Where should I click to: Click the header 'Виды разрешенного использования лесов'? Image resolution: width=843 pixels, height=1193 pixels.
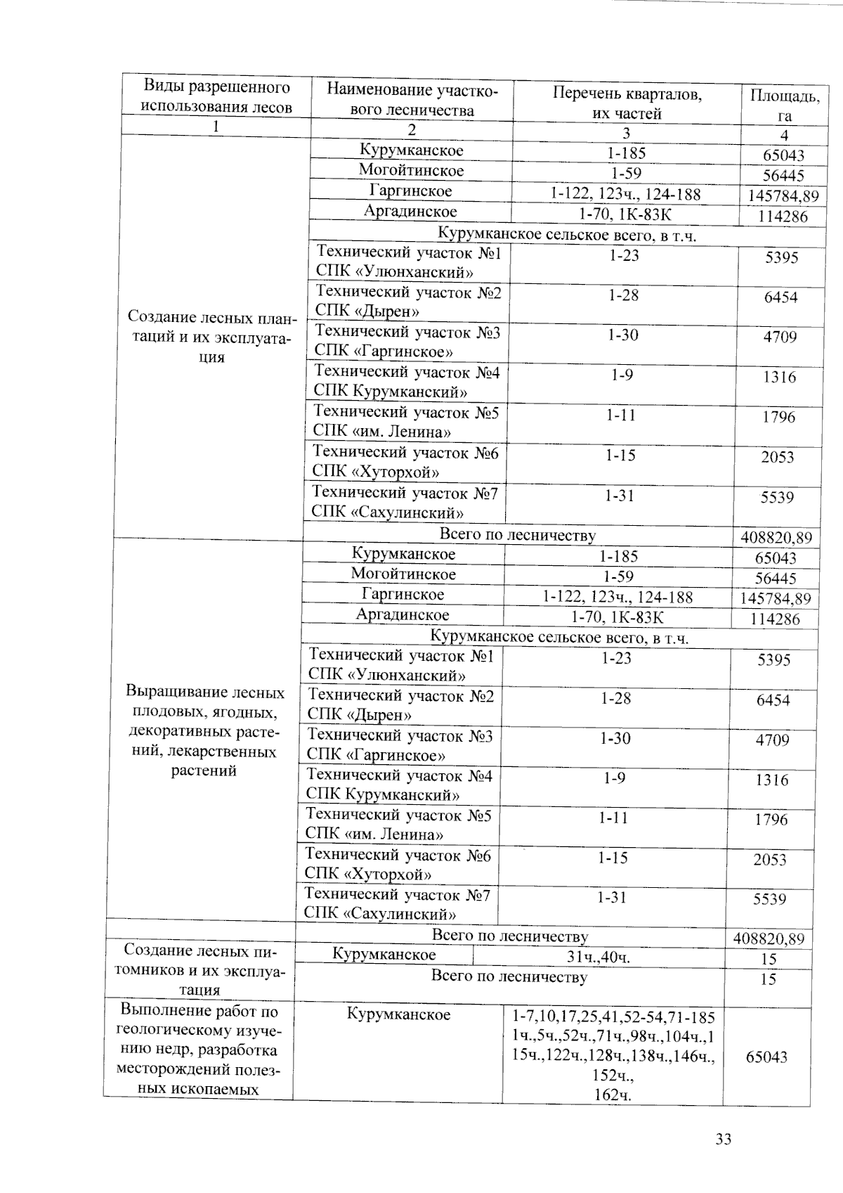coord(216,97)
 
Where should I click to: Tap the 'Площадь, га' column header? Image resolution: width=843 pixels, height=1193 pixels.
coord(784,105)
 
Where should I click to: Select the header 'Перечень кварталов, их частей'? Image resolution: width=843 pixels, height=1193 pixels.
coord(627,103)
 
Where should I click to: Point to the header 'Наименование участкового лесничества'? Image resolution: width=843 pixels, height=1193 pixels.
coord(412,99)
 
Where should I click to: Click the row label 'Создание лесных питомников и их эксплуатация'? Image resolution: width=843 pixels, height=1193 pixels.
coord(200,970)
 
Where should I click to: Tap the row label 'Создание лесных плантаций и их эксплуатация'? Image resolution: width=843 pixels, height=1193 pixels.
coord(210,338)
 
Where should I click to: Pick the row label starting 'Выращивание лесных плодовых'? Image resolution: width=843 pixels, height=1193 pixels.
coord(204,731)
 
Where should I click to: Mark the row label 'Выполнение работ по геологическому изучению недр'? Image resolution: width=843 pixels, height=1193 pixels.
coord(197,1050)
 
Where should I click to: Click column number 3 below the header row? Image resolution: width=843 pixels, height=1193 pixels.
coord(626,133)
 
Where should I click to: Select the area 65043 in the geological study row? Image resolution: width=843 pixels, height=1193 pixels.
coord(766,1057)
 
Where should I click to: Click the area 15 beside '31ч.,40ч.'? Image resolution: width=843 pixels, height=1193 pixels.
coord(769,959)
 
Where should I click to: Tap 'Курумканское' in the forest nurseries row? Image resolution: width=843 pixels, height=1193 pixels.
coord(384,955)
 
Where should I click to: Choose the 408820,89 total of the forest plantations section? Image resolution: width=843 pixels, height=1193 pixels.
coord(776,538)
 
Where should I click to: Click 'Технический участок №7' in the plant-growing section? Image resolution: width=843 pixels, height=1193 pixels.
coord(397,895)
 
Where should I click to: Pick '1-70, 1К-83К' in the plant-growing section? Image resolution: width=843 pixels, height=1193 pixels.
coord(617,617)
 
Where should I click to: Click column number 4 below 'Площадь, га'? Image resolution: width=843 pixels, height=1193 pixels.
coord(784,135)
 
